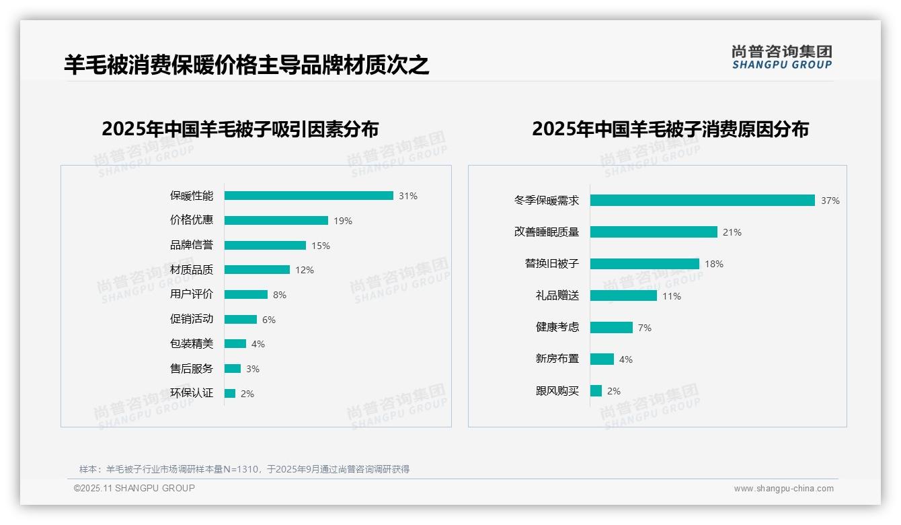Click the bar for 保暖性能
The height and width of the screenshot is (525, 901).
pos(309,196)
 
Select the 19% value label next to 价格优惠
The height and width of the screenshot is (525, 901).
pos(343,221)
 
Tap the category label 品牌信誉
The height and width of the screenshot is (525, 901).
pos(191,245)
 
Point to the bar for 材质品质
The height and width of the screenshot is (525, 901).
pos(257,270)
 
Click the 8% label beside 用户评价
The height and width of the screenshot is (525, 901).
pos(280,295)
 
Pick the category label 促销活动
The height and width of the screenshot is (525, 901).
pos(191,319)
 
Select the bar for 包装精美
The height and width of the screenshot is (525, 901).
pos(235,344)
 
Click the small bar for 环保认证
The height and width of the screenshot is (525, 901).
pos(230,394)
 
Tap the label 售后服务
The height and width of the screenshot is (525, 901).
pos(191,369)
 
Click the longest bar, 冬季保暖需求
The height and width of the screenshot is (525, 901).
pos(703,201)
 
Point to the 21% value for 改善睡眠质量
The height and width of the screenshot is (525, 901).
pos(732,232)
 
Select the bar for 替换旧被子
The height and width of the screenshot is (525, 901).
pos(645,264)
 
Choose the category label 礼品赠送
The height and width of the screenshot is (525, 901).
pos(557,295)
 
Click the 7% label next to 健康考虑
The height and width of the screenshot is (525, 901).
pos(645,328)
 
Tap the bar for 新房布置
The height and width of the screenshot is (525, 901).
pos(602,359)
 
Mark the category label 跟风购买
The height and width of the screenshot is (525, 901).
pos(557,391)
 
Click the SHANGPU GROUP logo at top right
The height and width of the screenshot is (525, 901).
pos(782,57)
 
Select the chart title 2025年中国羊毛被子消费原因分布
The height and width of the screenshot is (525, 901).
pos(670,129)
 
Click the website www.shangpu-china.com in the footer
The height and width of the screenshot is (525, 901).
pos(783,489)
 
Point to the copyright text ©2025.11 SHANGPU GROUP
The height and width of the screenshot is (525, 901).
pos(134,488)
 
